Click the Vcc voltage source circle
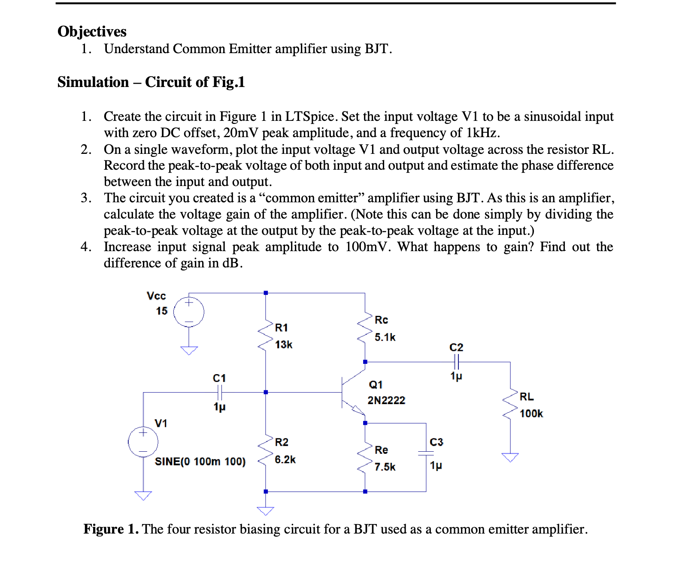(189, 312)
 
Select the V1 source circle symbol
(143, 442)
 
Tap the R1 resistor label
(281, 328)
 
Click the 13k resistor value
(283, 345)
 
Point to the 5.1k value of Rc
(385, 337)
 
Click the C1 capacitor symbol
(219, 392)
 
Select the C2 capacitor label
(456, 348)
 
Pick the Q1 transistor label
(376, 384)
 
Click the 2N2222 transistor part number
(386, 400)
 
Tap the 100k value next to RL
(531, 414)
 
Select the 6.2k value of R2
(285, 459)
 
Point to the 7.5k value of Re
(385, 467)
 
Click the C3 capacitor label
(436, 442)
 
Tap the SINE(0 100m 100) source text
(200, 462)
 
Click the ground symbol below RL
(510, 457)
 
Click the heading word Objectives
(92, 32)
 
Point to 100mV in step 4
(367, 247)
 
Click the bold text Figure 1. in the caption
(111, 529)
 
